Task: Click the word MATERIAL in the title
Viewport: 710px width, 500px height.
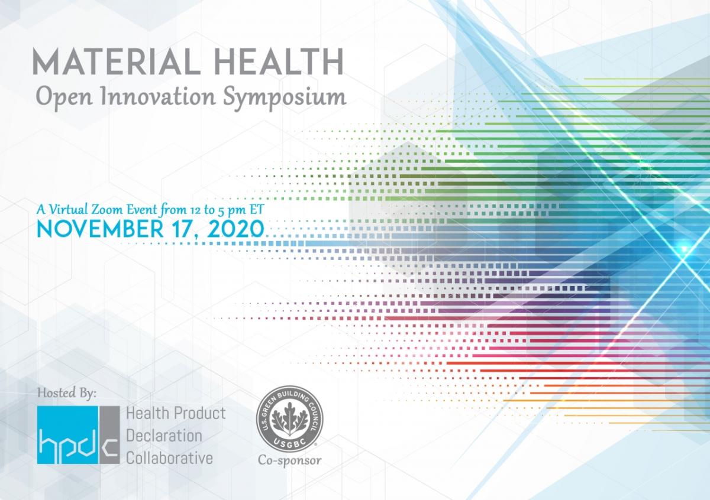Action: pos(117,61)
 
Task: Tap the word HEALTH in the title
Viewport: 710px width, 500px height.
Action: pos(279,61)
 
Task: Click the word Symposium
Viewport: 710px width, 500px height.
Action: pos(285,98)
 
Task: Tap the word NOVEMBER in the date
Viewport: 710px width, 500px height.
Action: pos(100,229)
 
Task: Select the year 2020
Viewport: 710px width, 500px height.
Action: pos(236,229)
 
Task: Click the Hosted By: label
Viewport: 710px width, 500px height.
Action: pos(67,393)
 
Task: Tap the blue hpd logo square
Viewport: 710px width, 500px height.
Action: pos(68,435)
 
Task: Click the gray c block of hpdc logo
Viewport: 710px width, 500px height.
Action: pos(110,435)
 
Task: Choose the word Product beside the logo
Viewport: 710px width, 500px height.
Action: pos(200,413)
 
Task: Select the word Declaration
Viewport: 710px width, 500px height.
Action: pos(164,436)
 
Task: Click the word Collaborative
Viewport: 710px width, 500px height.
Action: pos(170,458)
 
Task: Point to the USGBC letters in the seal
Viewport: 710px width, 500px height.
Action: pos(290,441)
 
